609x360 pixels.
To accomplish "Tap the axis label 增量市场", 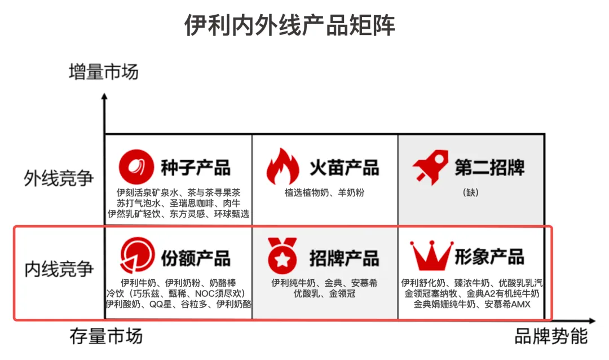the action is [103, 72].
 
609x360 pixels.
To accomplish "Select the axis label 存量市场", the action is [106, 336].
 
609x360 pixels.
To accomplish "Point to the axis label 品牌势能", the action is [551, 336].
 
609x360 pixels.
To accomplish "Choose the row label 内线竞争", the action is [59, 269].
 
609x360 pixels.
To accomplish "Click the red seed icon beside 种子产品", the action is [136, 166].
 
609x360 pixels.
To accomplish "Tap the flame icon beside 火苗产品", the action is [283, 166].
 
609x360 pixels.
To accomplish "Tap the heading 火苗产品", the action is [344, 168].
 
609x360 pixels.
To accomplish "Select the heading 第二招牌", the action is [489, 168].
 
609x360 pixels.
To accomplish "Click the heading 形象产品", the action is [489, 257].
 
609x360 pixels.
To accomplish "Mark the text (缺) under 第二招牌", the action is [470, 192].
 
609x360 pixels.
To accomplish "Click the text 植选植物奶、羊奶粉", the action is [325, 192].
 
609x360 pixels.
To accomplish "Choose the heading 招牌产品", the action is [344, 257].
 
